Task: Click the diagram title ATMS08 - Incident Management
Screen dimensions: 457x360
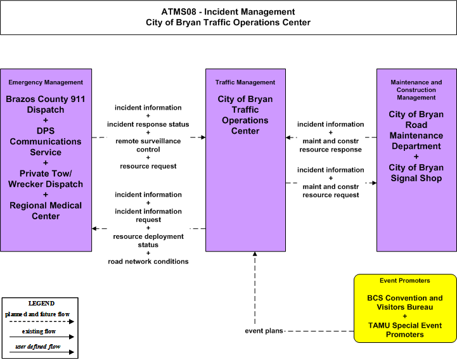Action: tap(228, 11)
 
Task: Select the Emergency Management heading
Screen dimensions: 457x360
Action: tap(46, 82)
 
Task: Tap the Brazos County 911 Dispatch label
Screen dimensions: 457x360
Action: tap(46, 105)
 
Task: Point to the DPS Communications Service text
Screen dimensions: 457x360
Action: tap(46, 141)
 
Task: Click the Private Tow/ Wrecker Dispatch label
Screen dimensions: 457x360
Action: tap(46, 179)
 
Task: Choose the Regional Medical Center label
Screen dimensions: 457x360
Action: tap(46, 211)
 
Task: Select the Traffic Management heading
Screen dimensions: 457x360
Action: tap(245, 82)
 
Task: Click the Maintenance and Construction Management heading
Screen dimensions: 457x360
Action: tap(416, 90)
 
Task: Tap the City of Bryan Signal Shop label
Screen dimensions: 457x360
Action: tap(416, 173)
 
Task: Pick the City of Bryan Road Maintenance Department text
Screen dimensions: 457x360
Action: tap(416, 130)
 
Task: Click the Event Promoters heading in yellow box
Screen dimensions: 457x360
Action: tap(405, 281)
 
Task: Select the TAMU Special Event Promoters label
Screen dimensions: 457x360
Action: tap(405, 330)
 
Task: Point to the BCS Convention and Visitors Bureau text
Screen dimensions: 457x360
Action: tap(405, 302)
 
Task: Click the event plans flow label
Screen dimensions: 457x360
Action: tap(264, 331)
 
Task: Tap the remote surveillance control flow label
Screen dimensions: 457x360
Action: tap(148, 145)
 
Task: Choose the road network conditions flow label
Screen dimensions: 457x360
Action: tap(148, 262)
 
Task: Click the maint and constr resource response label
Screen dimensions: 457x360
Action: tap(330, 145)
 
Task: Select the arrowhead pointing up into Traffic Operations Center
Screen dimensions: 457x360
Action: tap(255, 254)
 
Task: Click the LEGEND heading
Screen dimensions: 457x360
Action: tap(41, 304)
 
